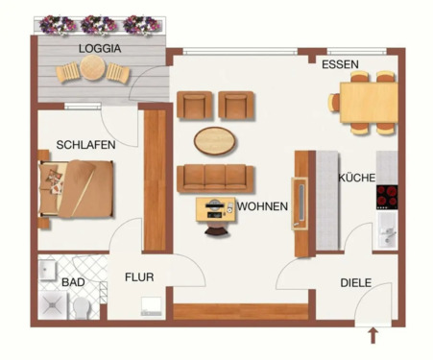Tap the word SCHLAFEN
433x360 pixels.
point(85,144)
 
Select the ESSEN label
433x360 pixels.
point(340,65)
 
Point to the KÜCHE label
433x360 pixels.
point(356,178)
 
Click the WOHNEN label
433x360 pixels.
point(262,205)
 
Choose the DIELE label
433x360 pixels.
point(355,283)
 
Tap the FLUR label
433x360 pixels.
point(139,277)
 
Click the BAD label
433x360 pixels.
point(72,283)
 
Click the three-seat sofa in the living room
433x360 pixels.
point(216,178)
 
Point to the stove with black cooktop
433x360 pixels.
point(387,195)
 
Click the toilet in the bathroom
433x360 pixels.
point(83,306)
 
